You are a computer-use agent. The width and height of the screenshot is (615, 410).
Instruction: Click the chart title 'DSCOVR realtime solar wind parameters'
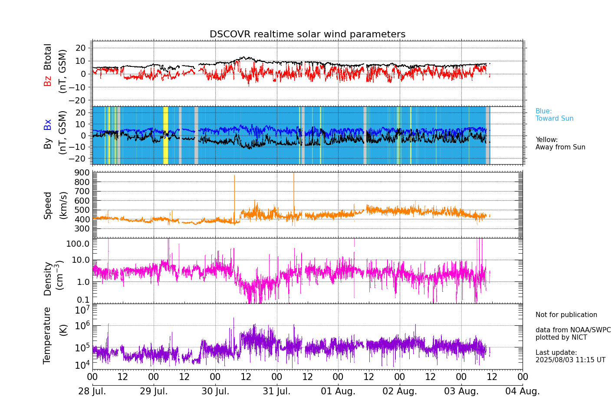tap(307, 34)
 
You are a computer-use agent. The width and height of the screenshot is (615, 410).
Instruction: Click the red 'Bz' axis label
tap(47, 81)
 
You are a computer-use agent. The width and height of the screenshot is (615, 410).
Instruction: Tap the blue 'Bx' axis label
tap(47, 125)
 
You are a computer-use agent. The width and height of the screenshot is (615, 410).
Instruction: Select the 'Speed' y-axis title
tap(48, 205)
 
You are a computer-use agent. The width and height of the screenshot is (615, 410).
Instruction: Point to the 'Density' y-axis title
tap(48, 278)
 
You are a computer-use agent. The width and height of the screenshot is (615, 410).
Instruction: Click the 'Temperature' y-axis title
tap(47, 335)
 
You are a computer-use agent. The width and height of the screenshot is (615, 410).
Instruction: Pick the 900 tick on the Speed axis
tap(83, 172)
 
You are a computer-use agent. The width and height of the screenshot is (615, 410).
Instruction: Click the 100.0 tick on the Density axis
tap(78, 244)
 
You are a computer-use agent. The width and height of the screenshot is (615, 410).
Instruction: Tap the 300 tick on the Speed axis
tap(83, 229)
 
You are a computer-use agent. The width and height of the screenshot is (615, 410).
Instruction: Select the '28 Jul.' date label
tap(92, 391)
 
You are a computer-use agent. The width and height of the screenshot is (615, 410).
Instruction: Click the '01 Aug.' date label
tap(338, 391)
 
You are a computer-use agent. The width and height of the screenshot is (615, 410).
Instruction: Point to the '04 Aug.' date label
tap(523, 391)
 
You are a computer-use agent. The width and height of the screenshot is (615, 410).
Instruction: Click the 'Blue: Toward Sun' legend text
tap(554, 115)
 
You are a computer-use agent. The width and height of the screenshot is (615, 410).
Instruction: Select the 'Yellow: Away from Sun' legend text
tap(560, 143)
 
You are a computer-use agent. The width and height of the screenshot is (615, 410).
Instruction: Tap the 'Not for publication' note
tap(566, 315)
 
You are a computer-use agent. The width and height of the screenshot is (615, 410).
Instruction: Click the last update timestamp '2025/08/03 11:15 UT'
tap(570, 360)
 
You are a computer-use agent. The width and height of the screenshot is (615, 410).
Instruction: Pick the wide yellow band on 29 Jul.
tap(165, 135)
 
